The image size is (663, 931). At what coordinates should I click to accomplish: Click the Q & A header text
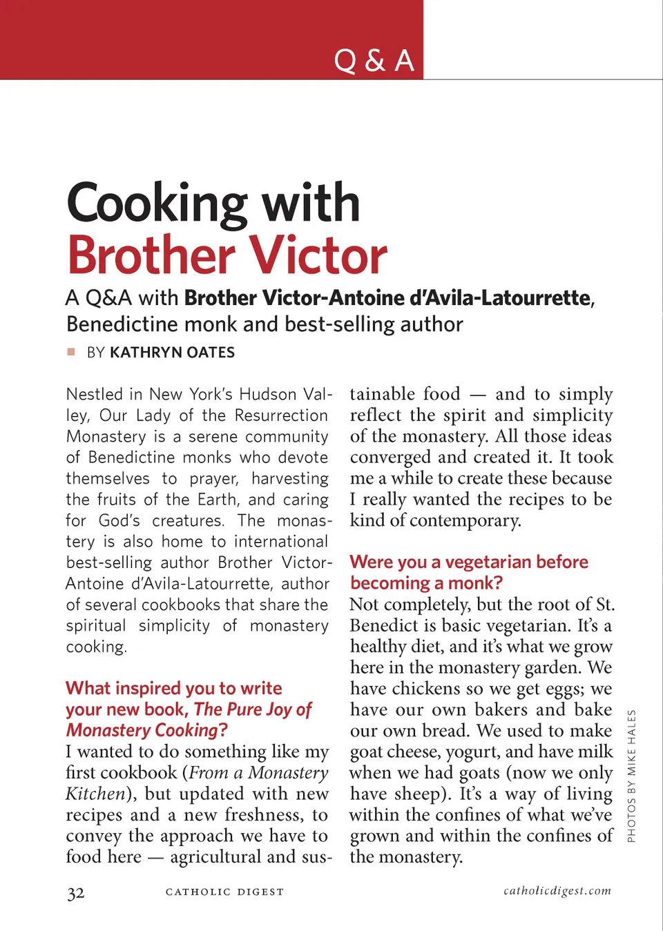[374, 61]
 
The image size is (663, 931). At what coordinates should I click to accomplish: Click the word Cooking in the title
[157, 204]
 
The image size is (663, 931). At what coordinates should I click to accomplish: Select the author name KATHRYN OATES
[173, 353]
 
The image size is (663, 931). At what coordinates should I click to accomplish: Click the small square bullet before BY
[71, 352]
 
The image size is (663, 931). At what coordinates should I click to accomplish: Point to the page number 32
[76, 894]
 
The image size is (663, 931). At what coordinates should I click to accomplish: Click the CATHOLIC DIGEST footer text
[224, 892]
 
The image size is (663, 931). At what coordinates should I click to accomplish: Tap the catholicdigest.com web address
[557, 891]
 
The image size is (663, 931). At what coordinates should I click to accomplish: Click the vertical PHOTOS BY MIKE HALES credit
[631, 776]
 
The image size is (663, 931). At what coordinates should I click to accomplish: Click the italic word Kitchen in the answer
[95, 794]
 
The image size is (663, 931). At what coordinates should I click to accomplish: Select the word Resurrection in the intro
[281, 415]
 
